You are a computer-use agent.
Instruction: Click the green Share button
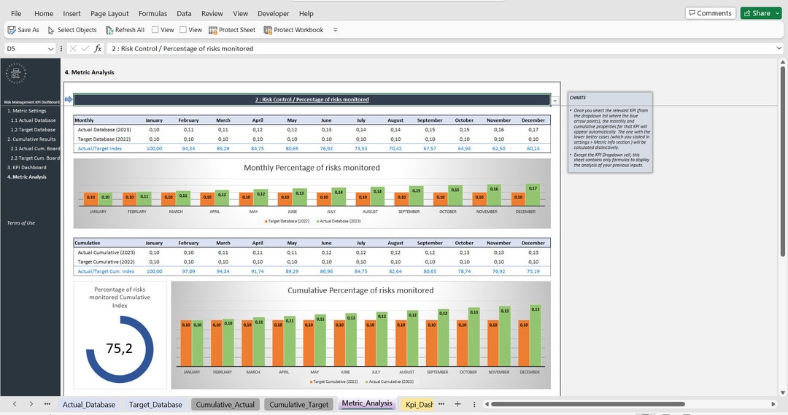[x=756, y=13]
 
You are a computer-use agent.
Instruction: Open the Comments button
[x=710, y=13]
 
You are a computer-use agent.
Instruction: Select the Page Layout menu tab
[x=109, y=13]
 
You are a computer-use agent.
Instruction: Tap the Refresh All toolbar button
[x=125, y=30]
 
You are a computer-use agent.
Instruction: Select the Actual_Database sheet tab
[x=88, y=404]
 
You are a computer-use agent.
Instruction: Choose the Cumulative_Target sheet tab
[x=299, y=404]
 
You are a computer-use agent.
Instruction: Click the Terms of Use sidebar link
[x=21, y=222]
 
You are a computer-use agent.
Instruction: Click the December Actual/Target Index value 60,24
[x=533, y=148]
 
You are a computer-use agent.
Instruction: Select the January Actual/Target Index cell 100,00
[x=154, y=148]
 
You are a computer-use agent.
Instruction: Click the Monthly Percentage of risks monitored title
[x=312, y=168]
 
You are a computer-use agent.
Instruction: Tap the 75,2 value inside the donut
[x=120, y=349]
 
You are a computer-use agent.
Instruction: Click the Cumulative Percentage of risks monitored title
[x=360, y=290]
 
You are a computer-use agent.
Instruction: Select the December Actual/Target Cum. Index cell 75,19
[x=533, y=271]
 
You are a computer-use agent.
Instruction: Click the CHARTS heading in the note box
[x=578, y=98]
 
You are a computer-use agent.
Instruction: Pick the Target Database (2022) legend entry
[x=288, y=220]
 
